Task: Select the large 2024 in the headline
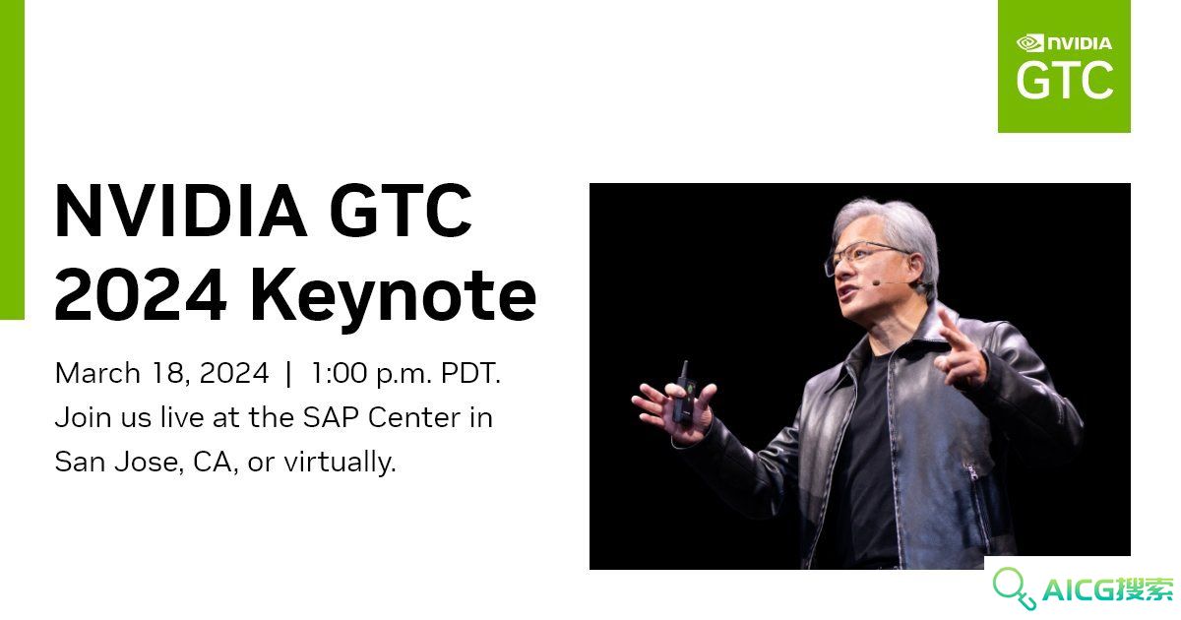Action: click(141, 294)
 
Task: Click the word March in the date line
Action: click(97, 373)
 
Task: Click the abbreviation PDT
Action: click(470, 373)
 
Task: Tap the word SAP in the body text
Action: click(331, 417)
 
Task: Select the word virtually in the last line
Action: click(341, 463)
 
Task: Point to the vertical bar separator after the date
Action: click(287, 374)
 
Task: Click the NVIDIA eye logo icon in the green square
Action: click(1029, 43)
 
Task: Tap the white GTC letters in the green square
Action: click(1065, 80)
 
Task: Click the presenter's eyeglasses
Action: click(867, 257)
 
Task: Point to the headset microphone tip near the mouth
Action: click(876, 283)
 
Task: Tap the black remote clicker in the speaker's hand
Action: click(684, 393)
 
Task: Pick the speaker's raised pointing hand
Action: click(959, 350)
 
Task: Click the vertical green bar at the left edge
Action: click(12, 159)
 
